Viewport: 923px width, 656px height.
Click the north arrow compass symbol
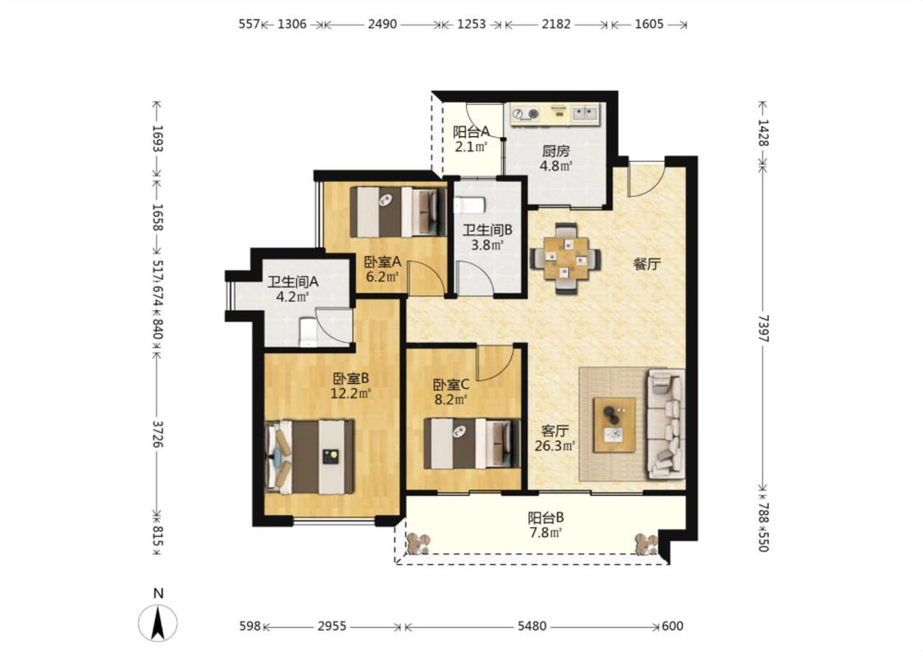pyautogui.click(x=158, y=622)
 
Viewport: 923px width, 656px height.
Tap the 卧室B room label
pyautogui.click(x=350, y=378)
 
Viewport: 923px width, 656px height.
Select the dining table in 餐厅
pyautogui.click(x=565, y=258)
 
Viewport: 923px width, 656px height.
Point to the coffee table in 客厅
pyautogui.click(x=614, y=425)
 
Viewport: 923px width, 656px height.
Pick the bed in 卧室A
pyautogui.click(x=399, y=212)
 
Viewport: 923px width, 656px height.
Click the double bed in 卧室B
pyautogui.click(x=309, y=457)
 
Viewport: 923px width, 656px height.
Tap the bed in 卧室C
pyautogui.click(x=472, y=444)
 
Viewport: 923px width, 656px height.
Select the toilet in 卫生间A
pyautogui.click(x=308, y=332)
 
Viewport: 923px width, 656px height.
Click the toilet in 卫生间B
pyautogui.click(x=469, y=205)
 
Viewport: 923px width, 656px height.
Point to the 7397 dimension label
pyautogui.click(x=763, y=328)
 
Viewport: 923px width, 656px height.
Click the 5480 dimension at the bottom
pyautogui.click(x=532, y=626)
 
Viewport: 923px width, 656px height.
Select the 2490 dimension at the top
pyautogui.click(x=382, y=24)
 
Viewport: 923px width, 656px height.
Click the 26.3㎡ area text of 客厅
pyautogui.click(x=555, y=445)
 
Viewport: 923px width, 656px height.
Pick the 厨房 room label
pyautogui.click(x=555, y=151)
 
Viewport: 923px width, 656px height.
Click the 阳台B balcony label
pyautogui.click(x=546, y=517)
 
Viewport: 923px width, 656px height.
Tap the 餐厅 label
pyautogui.click(x=647, y=264)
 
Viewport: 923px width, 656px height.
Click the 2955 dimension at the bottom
pyautogui.click(x=332, y=626)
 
